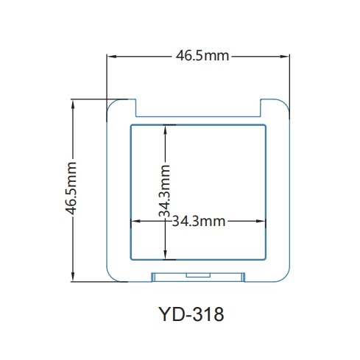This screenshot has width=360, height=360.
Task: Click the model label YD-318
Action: point(190,315)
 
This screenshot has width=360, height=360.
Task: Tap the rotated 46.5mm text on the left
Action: point(71,189)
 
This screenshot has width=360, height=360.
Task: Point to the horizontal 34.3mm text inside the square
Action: point(198,221)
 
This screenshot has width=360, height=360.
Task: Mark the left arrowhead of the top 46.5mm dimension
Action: point(110,56)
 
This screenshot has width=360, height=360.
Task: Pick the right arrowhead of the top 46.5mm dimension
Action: point(286,56)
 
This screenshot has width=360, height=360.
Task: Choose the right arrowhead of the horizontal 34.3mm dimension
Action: point(263,221)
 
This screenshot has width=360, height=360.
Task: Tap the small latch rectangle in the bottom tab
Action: point(197,275)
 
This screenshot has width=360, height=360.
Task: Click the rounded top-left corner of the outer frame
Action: point(112,104)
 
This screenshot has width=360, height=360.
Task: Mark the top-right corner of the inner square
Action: point(266,124)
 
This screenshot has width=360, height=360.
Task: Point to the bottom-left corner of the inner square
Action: point(130,259)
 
